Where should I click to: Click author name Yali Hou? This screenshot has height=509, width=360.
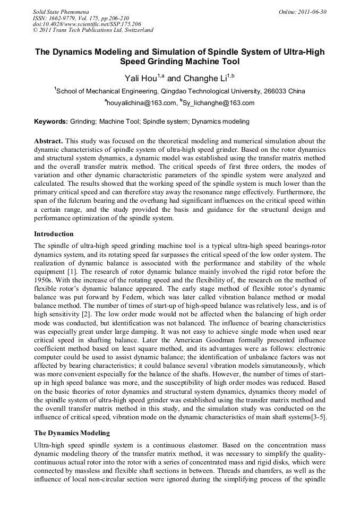click(x=141, y=79)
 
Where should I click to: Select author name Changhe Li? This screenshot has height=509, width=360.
click(x=204, y=79)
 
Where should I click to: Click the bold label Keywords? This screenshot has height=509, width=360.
click(x=51, y=122)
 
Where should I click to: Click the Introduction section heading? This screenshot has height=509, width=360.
click(x=54, y=234)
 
